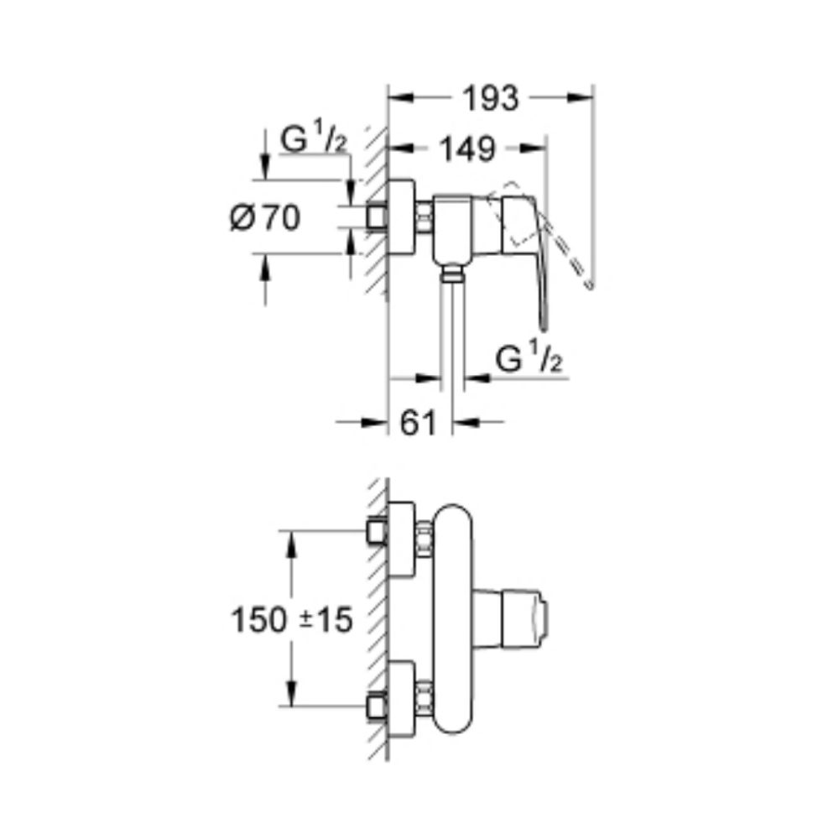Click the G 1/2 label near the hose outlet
(526, 361)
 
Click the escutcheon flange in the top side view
(402, 217)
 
